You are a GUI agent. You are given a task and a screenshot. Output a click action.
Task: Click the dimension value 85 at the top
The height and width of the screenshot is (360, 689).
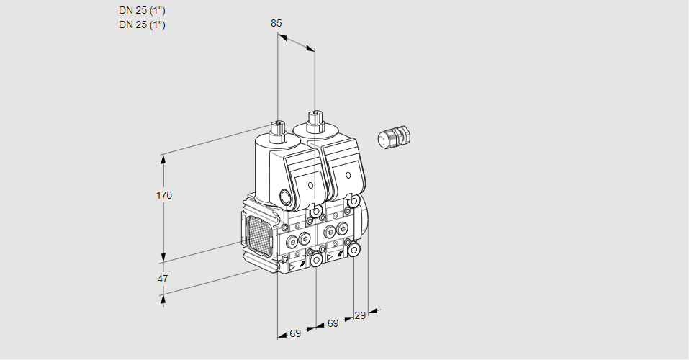point(276,23)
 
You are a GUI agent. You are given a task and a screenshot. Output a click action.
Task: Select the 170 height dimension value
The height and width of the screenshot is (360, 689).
point(165,195)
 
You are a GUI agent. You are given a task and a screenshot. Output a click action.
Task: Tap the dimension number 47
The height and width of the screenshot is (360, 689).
point(163,279)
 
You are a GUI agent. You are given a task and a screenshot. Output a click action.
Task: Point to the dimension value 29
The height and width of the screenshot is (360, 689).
point(360,315)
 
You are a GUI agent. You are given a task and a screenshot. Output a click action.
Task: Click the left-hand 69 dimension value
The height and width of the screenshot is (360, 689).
point(295,333)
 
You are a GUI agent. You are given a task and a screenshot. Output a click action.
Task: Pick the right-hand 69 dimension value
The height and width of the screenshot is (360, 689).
point(333,324)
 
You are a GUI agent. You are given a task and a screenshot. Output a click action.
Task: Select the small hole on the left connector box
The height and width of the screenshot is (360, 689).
point(310,185)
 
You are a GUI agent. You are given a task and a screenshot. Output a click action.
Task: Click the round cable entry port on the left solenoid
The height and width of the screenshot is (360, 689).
point(287,197)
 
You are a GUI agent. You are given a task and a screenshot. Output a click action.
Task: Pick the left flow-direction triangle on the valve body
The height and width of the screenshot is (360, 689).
point(292,266)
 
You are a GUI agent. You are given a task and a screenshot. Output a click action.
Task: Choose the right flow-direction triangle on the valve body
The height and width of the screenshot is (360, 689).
point(330,256)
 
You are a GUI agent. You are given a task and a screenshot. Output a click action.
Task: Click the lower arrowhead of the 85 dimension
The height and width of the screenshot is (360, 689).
point(310,49)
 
